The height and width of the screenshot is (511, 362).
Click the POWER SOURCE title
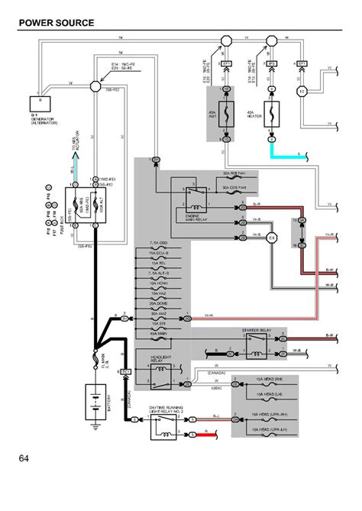(x=57, y=23)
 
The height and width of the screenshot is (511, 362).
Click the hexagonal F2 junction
(x=301, y=91)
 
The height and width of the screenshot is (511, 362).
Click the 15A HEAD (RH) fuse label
(x=269, y=380)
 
